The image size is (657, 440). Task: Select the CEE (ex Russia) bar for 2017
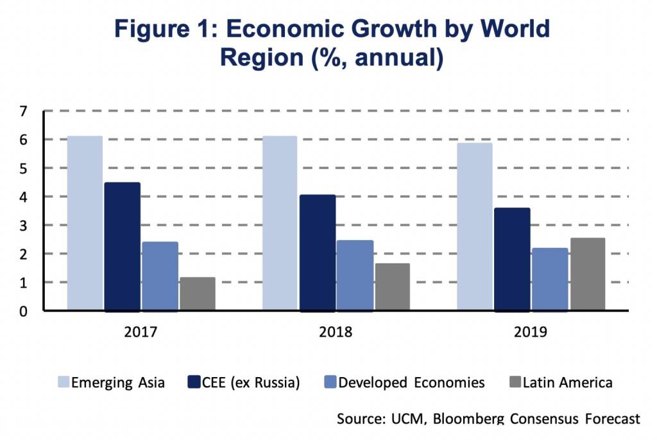coord(122,247)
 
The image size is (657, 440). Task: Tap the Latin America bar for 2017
coord(198,294)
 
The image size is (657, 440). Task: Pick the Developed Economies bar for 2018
coord(355,276)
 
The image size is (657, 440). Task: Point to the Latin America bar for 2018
coord(392,287)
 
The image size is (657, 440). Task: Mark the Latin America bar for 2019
coord(587,274)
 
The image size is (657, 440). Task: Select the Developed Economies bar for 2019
coord(550,279)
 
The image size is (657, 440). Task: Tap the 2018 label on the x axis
coord(336,333)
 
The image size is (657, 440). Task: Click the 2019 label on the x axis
coord(530,333)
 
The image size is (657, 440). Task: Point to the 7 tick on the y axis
coord(24,111)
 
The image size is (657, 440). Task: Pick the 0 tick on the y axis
coord(24,312)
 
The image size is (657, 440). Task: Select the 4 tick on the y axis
coord(24,197)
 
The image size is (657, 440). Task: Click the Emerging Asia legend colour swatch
coord(64,383)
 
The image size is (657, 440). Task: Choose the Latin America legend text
coord(568,383)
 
